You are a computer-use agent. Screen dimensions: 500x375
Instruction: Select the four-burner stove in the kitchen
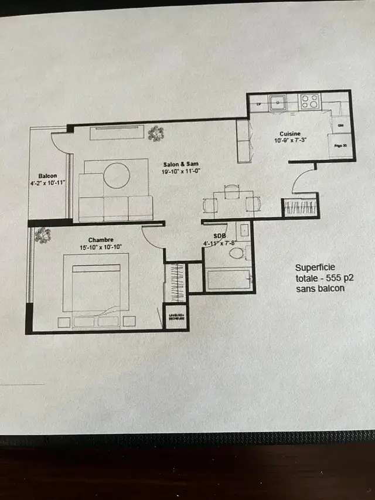coord(309,102)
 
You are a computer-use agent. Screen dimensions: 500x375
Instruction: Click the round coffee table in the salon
coord(117,175)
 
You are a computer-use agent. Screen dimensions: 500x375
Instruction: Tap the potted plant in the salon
coord(156,134)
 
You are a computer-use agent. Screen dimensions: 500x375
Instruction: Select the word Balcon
coord(48,176)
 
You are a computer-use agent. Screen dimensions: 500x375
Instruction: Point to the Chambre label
coord(101,239)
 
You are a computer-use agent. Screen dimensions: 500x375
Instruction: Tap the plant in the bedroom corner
coord(42,235)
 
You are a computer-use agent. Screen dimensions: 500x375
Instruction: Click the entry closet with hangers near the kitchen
coord(301,208)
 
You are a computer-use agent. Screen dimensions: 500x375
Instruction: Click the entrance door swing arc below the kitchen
coord(303,181)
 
